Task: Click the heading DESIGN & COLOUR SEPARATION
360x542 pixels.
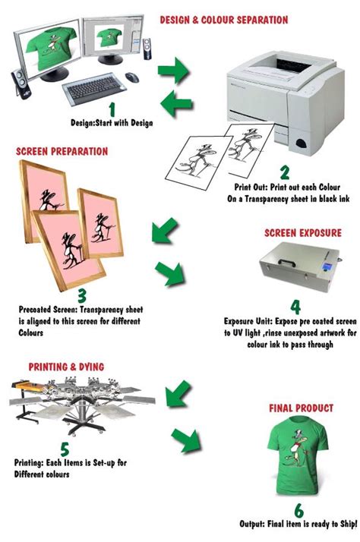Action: [224, 20]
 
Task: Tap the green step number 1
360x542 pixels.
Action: [112, 109]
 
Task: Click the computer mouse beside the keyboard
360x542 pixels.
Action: [131, 77]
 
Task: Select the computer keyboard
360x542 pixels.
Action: [93, 88]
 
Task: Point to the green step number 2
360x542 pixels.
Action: [285, 172]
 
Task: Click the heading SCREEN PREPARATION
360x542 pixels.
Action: [62, 151]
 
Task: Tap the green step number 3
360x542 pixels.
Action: [82, 295]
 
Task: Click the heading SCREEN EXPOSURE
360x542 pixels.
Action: [303, 233]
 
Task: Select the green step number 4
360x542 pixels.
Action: [295, 307]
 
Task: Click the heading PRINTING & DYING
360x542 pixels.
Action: [66, 367]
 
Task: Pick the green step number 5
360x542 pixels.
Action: [65, 449]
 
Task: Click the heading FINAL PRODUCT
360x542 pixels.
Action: [302, 408]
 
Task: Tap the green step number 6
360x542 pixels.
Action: [298, 511]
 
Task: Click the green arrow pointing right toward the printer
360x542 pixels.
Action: [174, 71]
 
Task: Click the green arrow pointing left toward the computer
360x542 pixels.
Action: [176, 103]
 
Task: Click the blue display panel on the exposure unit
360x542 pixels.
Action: [326, 267]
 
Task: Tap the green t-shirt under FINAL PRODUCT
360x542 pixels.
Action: [298, 456]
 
